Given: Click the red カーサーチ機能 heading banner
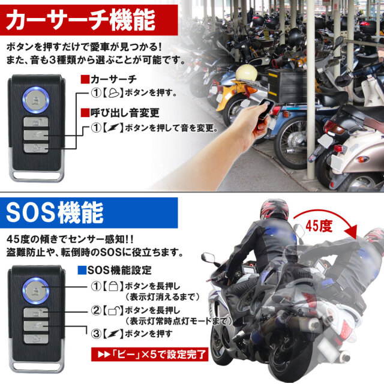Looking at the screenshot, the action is [x=89, y=20].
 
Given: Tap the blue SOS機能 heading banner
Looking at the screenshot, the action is [x=89, y=213].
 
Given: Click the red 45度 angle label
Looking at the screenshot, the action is [x=319, y=226].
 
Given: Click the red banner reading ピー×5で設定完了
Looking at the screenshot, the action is [x=149, y=354].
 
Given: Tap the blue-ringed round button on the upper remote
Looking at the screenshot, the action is [x=36, y=100].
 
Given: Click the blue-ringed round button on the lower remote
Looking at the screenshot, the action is [x=36, y=291].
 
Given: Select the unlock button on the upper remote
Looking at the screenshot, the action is [x=36, y=122].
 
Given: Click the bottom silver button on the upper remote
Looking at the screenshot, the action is [x=36, y=148].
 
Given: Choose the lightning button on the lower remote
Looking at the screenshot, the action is [x=36, y=326].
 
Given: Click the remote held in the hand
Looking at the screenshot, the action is [x=264, y=109].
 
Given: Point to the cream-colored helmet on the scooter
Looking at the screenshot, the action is [x=247, y=73].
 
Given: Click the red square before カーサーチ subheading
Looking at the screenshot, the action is [x=85, y=79].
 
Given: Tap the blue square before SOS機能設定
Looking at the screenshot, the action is [x=82, y=270].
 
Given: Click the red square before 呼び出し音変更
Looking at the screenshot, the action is [x=85, y=113].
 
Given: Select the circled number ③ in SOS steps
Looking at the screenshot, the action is [x=96, y=334].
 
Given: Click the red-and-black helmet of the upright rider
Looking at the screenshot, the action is [x=274, y=209].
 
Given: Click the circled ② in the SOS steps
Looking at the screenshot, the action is [x=96, y=311].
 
